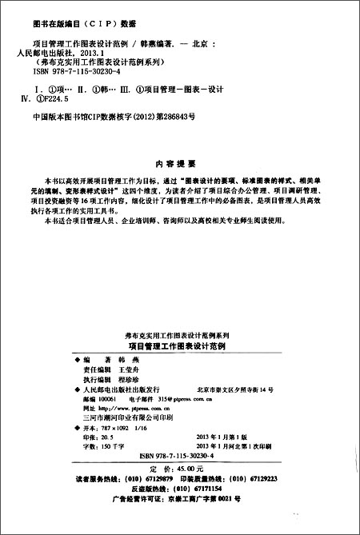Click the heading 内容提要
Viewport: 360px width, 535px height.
(179, 160)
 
